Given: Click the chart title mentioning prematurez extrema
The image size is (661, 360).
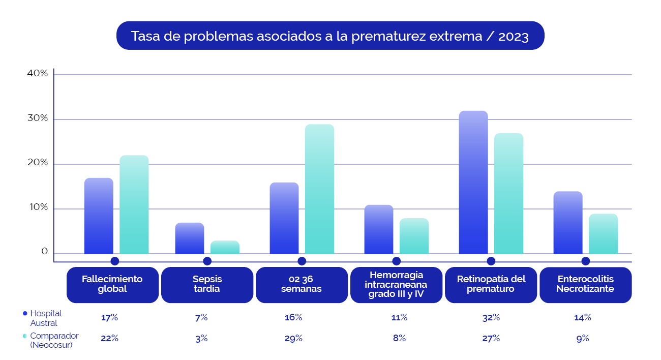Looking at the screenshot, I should [330, 36].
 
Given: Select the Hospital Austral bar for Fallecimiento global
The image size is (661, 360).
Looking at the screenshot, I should [99, 216].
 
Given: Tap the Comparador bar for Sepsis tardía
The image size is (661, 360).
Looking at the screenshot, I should [225, 247].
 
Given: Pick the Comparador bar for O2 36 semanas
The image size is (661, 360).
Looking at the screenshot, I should [319, 189].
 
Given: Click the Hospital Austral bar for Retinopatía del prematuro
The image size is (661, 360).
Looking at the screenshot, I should [473, 183].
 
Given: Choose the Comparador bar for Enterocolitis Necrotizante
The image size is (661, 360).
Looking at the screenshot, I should [603, 234].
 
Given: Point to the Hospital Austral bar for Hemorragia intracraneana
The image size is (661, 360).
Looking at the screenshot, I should [379, 229].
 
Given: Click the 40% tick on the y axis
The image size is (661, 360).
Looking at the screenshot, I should [38, 74].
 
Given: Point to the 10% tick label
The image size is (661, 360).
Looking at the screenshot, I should [38, 208].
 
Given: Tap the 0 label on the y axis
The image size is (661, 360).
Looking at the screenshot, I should [45, 252].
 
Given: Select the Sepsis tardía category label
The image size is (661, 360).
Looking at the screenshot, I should [207, 284].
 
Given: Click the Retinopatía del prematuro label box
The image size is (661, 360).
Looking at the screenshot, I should [491, 284].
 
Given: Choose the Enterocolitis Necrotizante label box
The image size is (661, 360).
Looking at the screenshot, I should [585, 284].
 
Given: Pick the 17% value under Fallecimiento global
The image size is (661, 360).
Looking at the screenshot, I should [109, 317].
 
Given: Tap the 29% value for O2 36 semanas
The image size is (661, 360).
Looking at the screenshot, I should [293, 338].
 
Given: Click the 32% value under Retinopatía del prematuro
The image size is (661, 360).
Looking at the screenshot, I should [491, 317].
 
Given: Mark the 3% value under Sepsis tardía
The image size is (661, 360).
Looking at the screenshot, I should [201, 338].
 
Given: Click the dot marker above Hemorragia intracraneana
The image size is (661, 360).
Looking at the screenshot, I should [396, 261].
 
